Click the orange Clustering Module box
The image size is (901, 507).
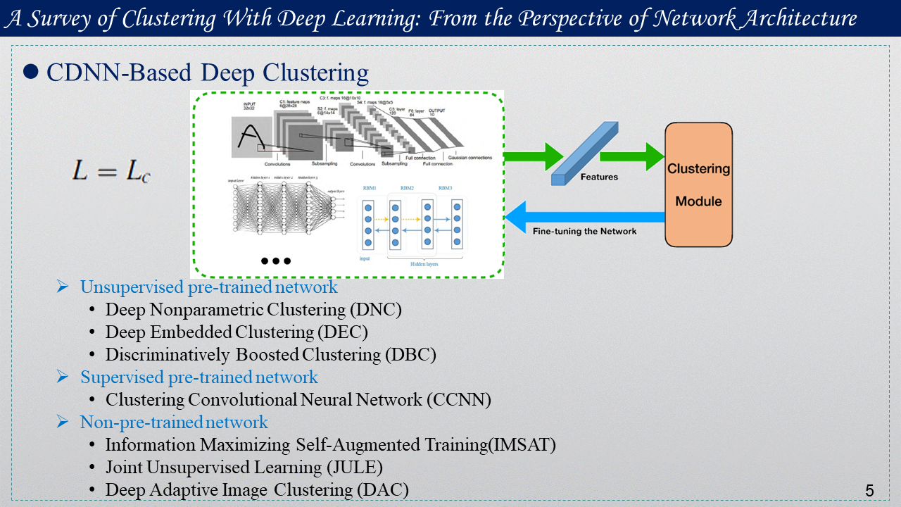698,184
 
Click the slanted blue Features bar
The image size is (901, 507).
584,154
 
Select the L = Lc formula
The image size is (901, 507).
111,171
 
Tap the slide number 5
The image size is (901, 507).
869,491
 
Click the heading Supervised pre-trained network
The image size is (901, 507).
199,377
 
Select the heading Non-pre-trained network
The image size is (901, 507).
174,423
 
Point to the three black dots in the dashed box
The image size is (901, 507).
275,261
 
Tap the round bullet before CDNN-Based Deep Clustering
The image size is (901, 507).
30,72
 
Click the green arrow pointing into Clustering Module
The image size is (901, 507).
631,156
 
